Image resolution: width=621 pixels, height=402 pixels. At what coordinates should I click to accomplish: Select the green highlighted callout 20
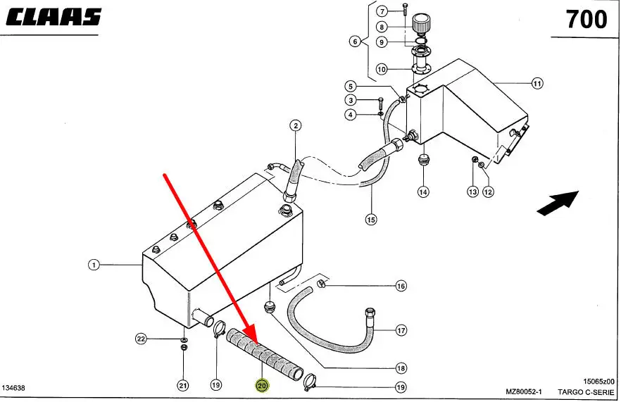pyautogui.click(x=262, y=385)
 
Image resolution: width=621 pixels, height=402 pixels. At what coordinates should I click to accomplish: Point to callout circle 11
pyautogui.click(x=537, y=84)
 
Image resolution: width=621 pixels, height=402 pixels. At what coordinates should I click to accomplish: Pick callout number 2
pyautogui.click(x=296, y=126)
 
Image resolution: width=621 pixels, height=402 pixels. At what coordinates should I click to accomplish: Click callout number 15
pyautogui.click(x=371, y=220)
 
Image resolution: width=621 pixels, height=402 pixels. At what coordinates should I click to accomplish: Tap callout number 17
pyautogui.click(x=401, y=329)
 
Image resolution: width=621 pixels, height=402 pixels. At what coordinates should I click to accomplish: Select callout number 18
pyautogui.click(x=401, y=368)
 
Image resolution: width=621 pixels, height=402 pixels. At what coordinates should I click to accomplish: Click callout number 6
pyautogui.click(x=356, y=42)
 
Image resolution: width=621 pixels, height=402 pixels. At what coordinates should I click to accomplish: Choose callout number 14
pyautogui.click(x=422, y=191)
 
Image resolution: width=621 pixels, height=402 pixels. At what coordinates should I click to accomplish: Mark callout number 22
pyautogui.click(x=141, y=339)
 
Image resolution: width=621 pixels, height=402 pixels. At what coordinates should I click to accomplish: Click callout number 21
pyautogui.click(x=183, y=385)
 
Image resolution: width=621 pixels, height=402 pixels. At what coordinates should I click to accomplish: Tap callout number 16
pyautogui.click(x=401, y=286)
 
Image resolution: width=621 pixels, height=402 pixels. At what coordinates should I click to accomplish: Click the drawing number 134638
pyautogui.click(x=15, y=388)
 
